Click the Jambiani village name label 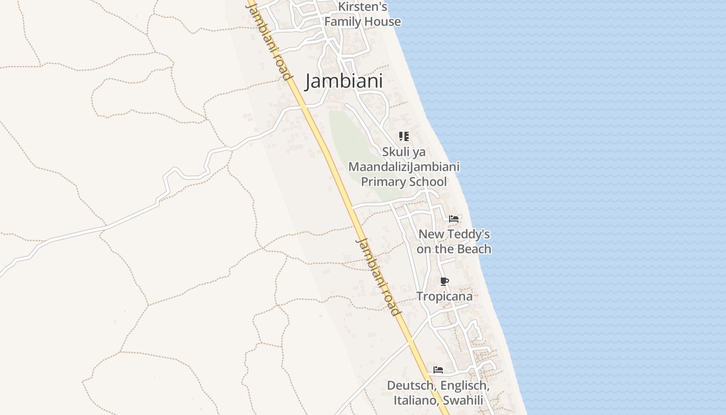click(344, 81)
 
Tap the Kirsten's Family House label click(362, 15)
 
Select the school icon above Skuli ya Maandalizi click(403, 136)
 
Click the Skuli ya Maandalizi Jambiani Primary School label click(404, 167)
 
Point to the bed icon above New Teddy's click(454, 219)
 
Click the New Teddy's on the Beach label click(454, 242)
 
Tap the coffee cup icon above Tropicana click(444, 282)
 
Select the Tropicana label click(444, 297)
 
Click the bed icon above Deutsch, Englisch click(438, 370)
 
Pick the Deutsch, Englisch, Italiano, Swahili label click(438, 393)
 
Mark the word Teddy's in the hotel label click(468, 234)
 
